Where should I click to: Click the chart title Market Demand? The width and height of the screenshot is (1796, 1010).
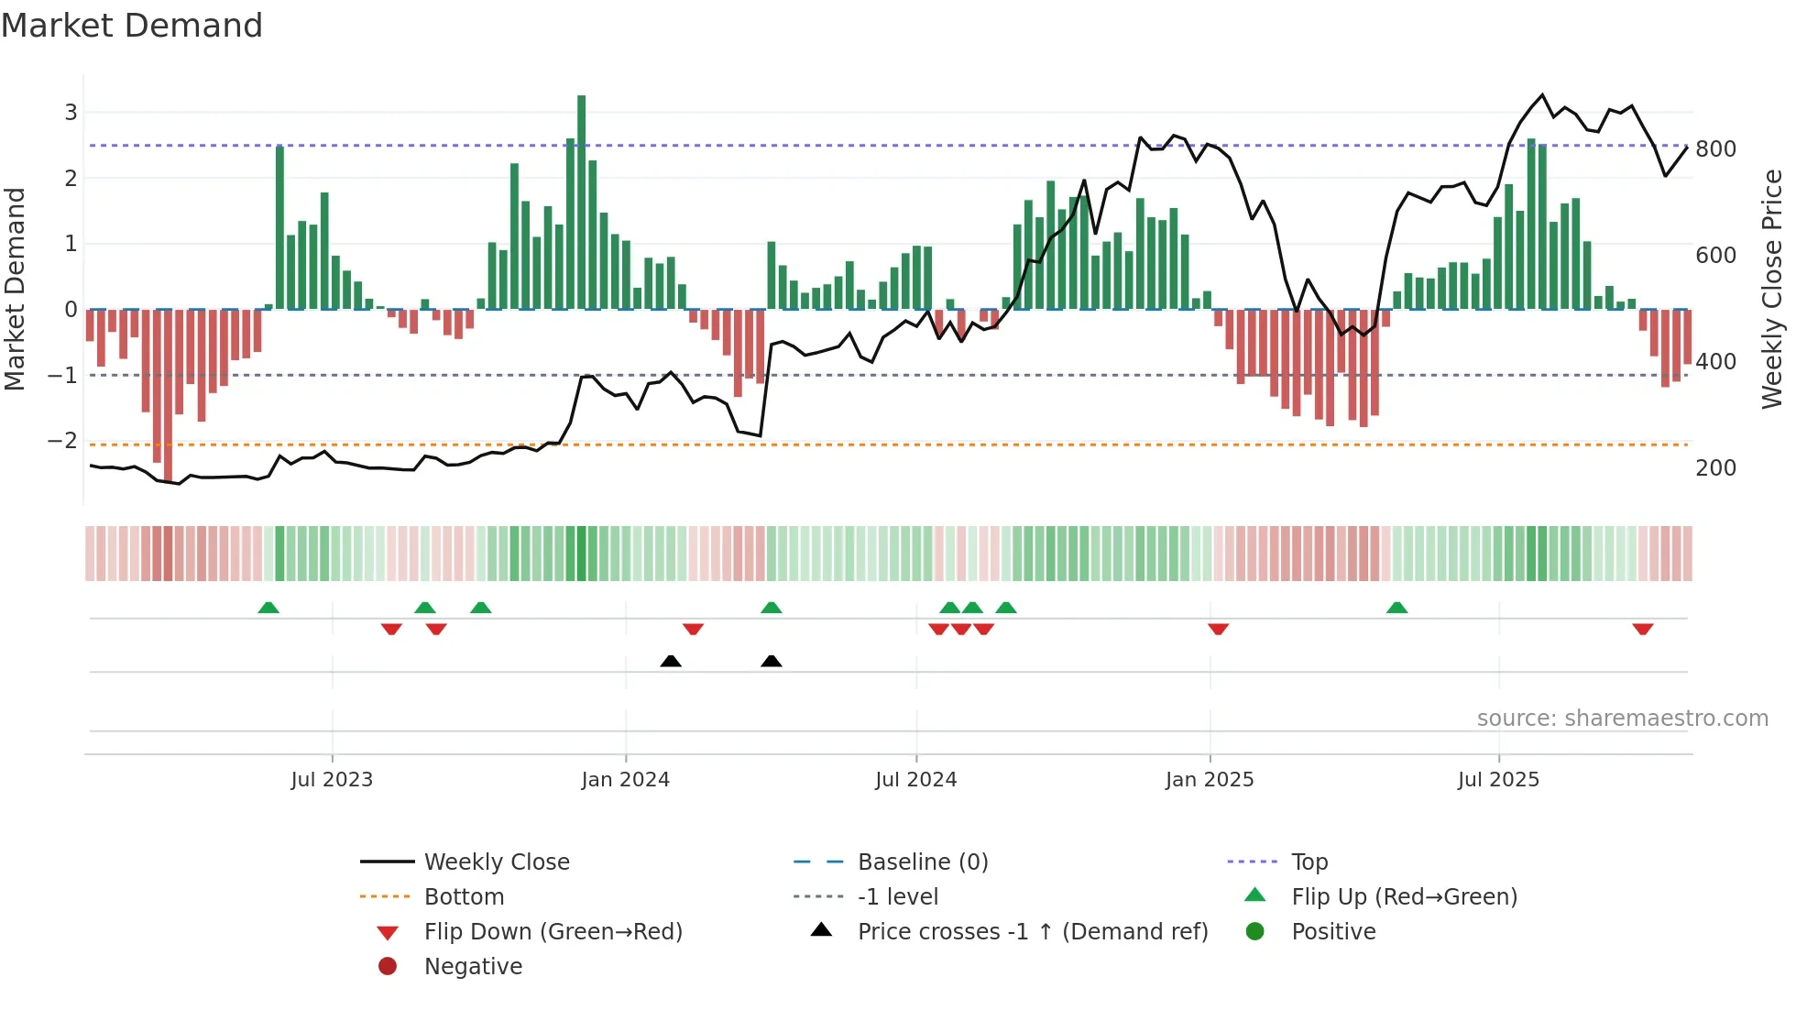point(132,26)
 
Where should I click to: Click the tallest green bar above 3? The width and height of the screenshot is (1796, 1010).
point(581,202)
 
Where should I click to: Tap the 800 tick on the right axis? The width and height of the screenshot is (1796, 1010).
point(1715,149)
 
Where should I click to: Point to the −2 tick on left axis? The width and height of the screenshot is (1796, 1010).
point(63,441)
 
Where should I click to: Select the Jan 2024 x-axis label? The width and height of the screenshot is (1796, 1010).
point(625,780)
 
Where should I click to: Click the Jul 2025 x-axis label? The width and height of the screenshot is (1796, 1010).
point(1498,780)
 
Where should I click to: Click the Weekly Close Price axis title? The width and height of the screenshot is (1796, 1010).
point(1772,289)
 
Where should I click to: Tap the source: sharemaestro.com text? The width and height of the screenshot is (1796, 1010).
point(1622,719)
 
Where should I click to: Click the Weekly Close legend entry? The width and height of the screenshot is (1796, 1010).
point(496,862)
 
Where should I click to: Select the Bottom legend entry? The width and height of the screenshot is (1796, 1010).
point(464,897)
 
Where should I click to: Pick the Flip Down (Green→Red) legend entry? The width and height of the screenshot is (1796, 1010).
point(553,932)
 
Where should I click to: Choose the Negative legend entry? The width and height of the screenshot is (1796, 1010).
point(473,967)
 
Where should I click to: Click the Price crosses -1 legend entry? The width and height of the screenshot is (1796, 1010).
point(1032,932)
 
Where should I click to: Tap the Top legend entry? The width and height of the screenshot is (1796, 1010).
point(1309,862)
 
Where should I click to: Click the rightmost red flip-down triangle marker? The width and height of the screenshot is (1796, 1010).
point(1642,629)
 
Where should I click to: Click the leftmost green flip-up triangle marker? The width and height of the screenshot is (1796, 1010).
point(268,608)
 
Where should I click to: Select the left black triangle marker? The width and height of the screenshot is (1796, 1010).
point(671,661)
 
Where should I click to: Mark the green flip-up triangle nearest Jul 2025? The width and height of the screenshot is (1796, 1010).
point(1396,608)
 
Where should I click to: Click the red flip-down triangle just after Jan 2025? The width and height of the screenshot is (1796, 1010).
point(1218,629)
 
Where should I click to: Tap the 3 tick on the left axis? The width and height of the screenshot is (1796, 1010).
point(71,113)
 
